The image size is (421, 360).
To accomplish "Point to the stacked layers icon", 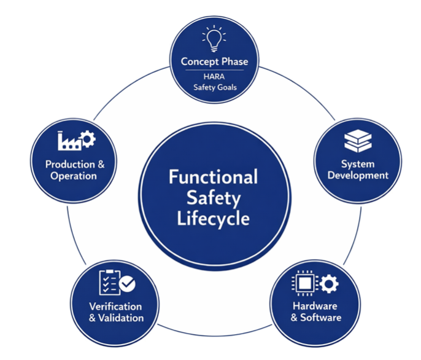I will pyautogui.click(x=358, y=141).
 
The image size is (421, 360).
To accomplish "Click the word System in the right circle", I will pyautogui.click(x=358, y=164).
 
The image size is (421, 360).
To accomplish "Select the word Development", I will pyautogui.click(x=358, y=175).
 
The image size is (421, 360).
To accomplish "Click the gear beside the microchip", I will pyautogui.click(x=330, y=283).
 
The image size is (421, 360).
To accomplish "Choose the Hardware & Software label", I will pyautogui.click(x=315, y=312).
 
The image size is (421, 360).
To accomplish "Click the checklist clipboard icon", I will pyautogui.click(x=109, y=282).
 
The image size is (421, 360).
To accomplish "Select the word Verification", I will pyautogui.click(x=115, y=307).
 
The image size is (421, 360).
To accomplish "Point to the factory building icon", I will pyautogui.click(x=68, y=141).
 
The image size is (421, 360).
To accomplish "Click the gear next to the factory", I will pyautogui.click(x=88, y=139).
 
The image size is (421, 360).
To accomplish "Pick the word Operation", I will pyautogui.click(x=74, y=176).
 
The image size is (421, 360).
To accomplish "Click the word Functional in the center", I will pyautogui.click(x=213, y=178).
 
